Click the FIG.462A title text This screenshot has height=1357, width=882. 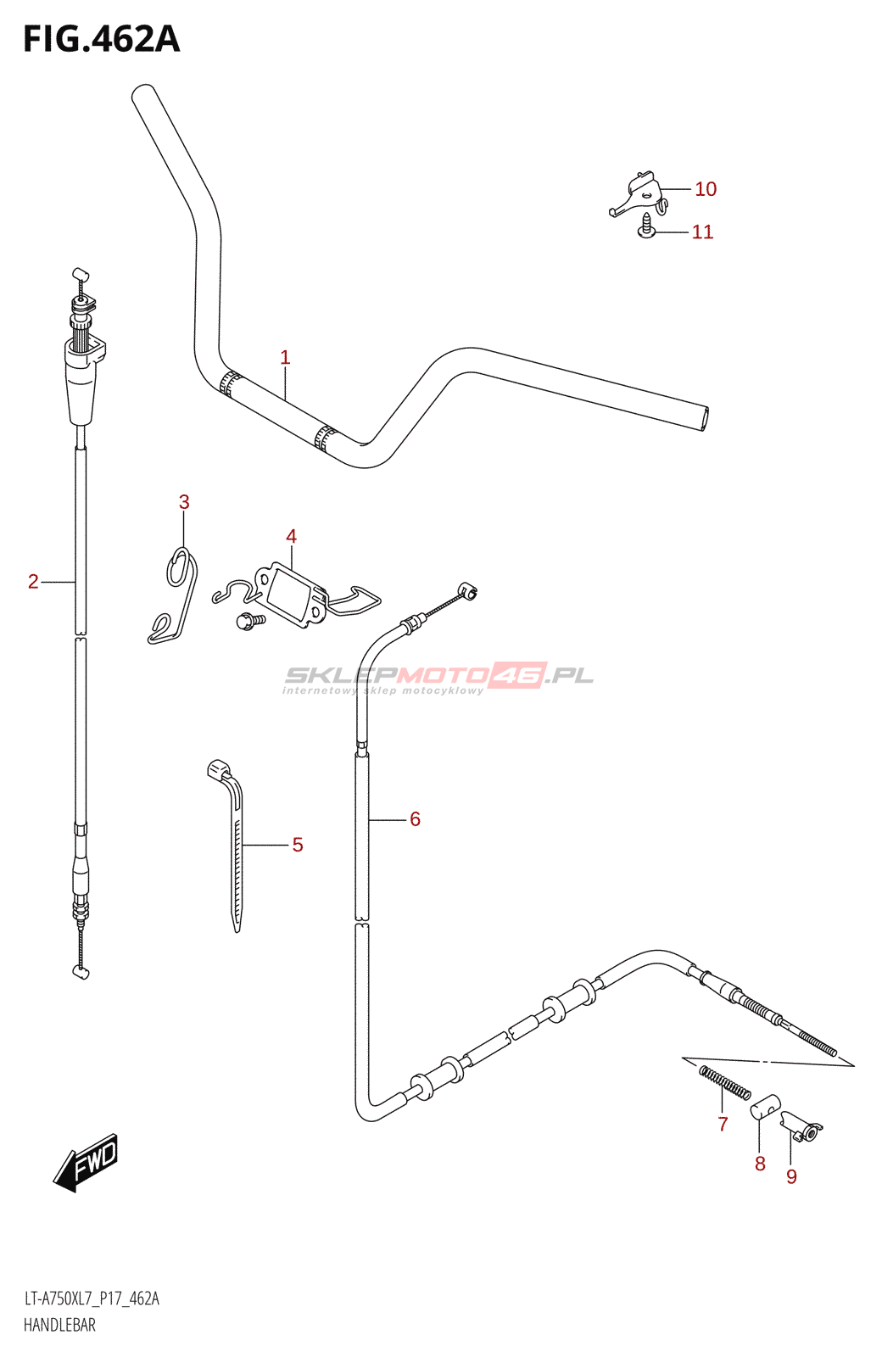101,40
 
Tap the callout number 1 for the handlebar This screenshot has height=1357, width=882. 285,358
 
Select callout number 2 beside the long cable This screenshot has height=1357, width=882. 33,582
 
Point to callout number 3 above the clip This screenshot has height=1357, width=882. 184,502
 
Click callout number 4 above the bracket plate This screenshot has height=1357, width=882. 291,536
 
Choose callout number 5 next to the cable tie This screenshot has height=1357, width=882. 298,845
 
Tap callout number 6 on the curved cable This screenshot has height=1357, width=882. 415,819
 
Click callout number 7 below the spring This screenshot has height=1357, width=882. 723,1125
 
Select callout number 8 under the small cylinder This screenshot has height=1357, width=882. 760,1164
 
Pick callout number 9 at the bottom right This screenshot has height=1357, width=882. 791,1176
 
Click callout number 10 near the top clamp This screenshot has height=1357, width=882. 706,189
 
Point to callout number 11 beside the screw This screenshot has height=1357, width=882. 702,232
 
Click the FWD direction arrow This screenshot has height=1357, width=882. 87,1162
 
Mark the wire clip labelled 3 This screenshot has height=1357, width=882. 176,594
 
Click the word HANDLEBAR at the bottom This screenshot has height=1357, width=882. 59,1325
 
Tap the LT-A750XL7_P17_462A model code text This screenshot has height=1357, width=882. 92,1298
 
